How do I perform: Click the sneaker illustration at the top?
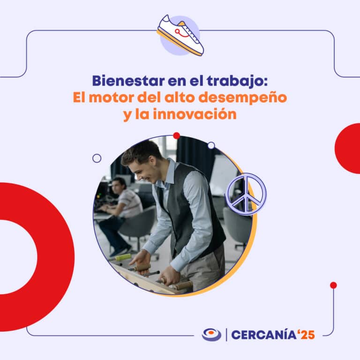coord(180,35)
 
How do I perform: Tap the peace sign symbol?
coord(246,193)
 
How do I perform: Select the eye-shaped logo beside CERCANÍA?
coord(211,334)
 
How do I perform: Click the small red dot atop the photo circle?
coord(177,136)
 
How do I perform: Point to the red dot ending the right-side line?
coord(333,285)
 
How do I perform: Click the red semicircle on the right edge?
coord(349,149)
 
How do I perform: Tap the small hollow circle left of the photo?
coord(97,158)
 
